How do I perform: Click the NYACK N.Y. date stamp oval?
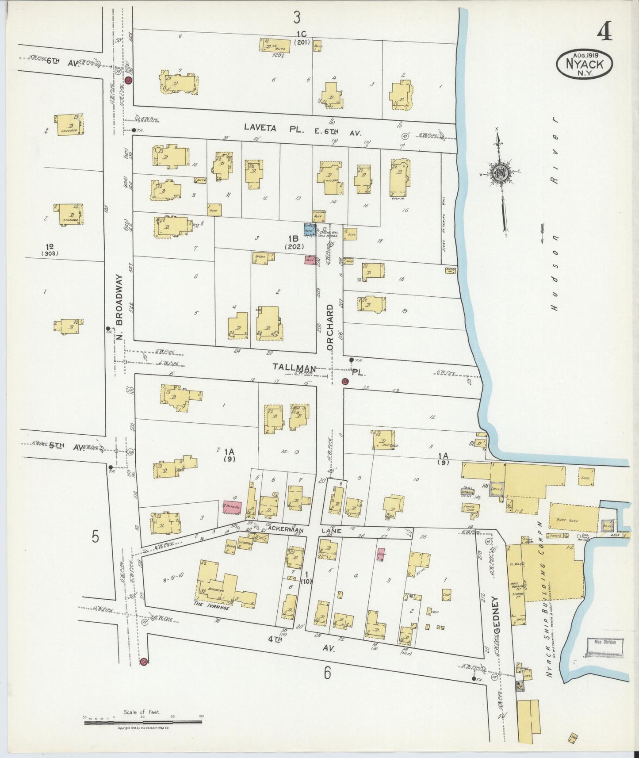(584, 64)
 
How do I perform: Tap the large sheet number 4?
(605, 32)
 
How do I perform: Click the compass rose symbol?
(500, 172)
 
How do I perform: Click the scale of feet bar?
(143, 723)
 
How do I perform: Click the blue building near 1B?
(309, 229)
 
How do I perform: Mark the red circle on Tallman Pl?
(345, 381)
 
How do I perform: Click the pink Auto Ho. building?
(232, 507)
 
